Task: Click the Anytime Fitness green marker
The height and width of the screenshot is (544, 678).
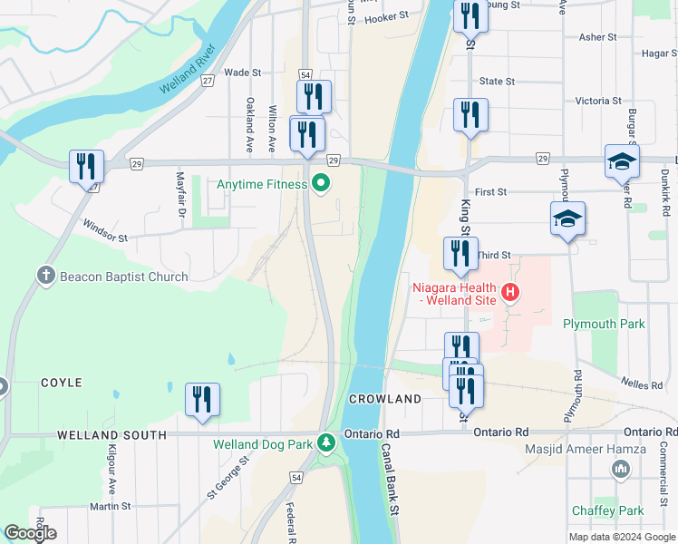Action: pos(320,184)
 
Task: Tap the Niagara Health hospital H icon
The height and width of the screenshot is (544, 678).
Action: pos(510,292)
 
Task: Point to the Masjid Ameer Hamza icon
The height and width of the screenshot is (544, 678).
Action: pos(621,468)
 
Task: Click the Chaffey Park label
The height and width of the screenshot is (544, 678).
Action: pos(607,510)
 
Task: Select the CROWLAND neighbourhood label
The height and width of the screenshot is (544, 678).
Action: pos(384,399)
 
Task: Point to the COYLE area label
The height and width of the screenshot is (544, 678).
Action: pos(61,384)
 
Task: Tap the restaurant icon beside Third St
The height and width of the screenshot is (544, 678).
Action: pos(460,254)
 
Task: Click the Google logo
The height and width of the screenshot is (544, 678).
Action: pos(30,533)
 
